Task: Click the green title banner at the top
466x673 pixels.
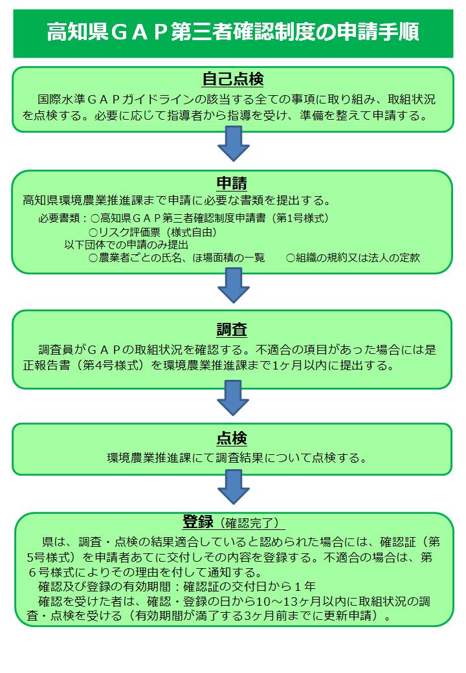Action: pyautogui.click(x=233, y=32)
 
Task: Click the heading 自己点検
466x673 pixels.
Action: pyautogui.click(x=232, y=80)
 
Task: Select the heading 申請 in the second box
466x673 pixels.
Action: pyautogui.click(x=232, y=182)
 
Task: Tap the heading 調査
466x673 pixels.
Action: pyautogui.click(x=232, y=329)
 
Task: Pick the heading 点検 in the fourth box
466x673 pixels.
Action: pyautogui.click(x=232, y=439)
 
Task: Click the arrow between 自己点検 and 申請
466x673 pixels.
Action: pyautogui.click(x=233, y=143)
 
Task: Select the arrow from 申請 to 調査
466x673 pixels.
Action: pyautogui.click(x=233, y=285)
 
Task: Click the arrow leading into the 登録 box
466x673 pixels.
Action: pyautogui.click(x=233, y=486)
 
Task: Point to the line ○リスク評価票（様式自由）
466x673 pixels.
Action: pyautogui.click(x=153, y=231)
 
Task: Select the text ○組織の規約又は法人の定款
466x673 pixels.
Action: pyautogui.click(x=353, y=258)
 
